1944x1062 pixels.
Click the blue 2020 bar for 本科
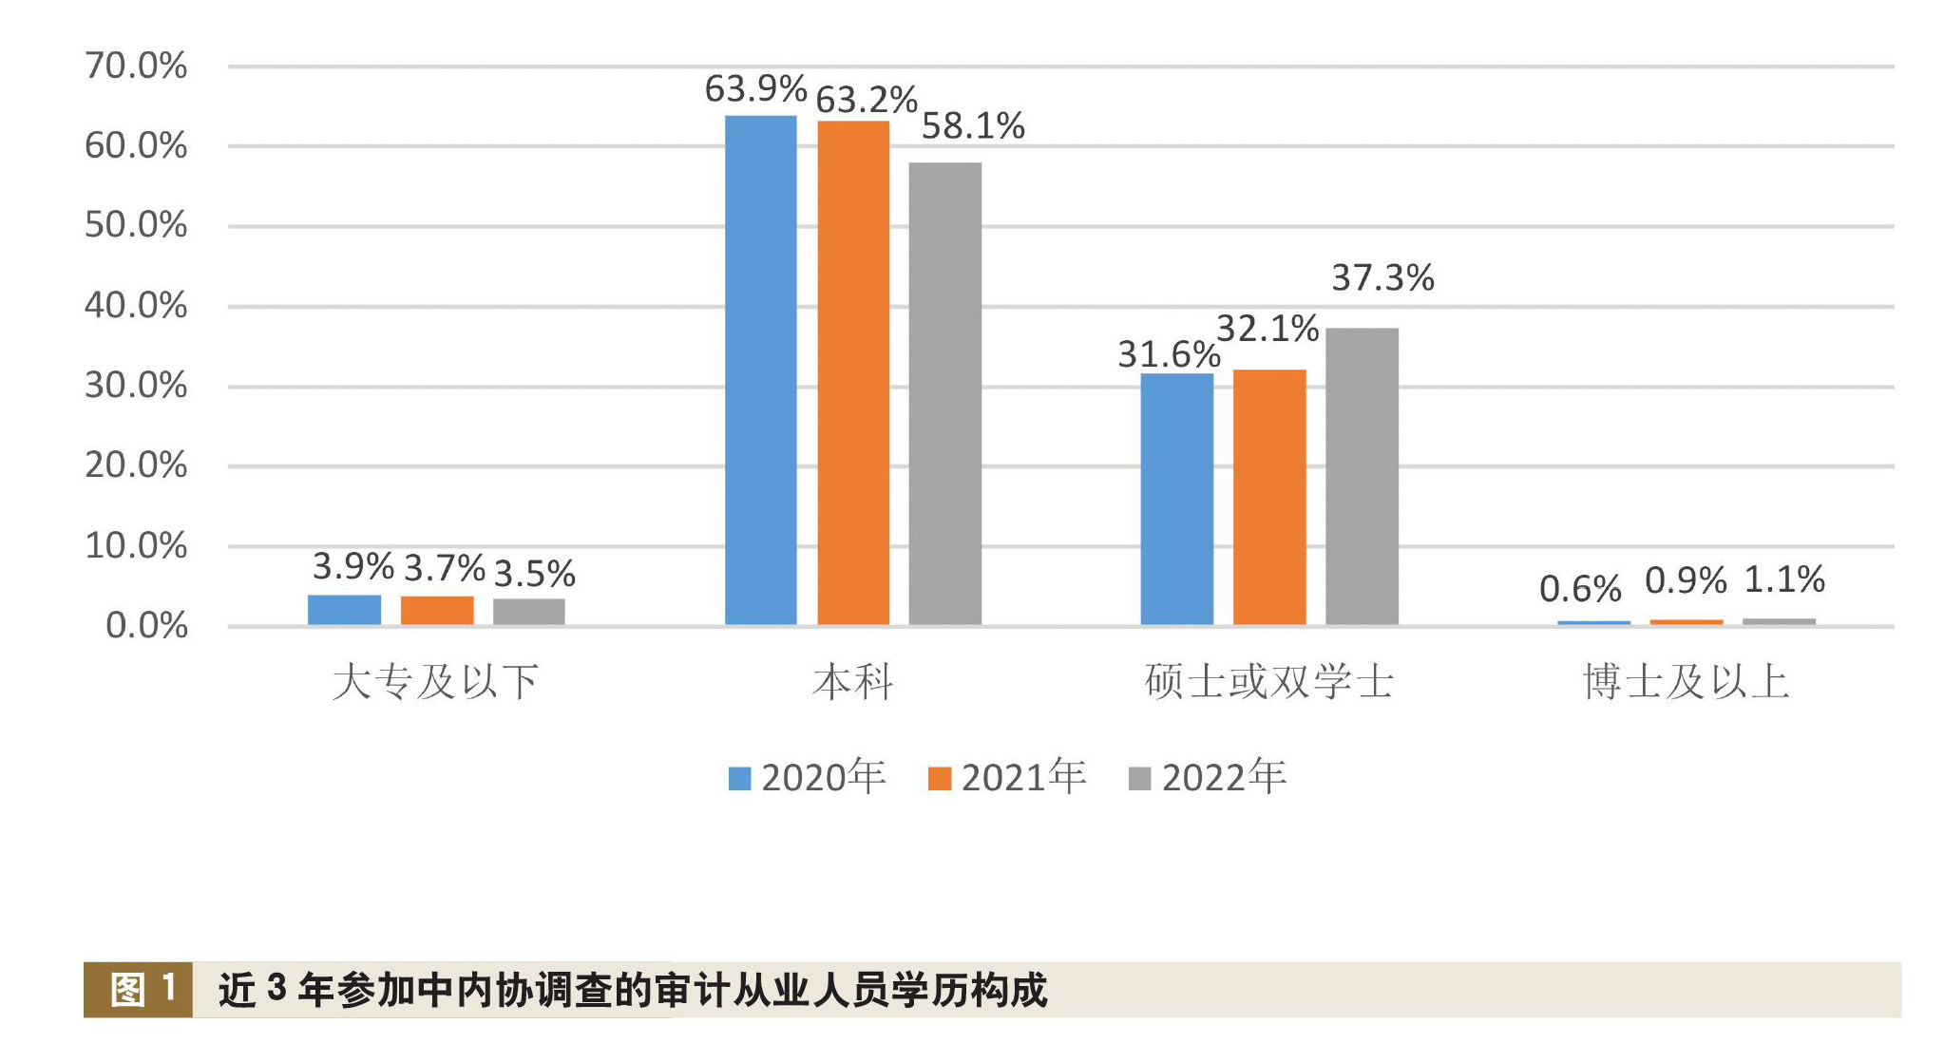pyautogui.click(x=760, y=370)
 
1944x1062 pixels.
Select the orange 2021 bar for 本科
pyautogui.click(x=853, y=372)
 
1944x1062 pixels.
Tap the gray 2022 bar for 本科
pyautogui.click(x=944, y=393)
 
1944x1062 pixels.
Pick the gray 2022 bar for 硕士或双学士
pyautogui.click(x=1362, y=476)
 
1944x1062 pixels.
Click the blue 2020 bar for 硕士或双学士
pyautogui.click(x=1176, y=499)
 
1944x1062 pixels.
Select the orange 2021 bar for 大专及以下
pyautogui.click(x=437, y=610)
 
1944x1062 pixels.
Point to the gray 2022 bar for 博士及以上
pyautogui.click(x=1779, y=621)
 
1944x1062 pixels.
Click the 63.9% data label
pyautogui.click(x=755, y=89)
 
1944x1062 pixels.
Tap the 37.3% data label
pyautogui.click(x=1382, y=278)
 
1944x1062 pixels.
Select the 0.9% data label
pyautogui.click(x=1686, y=580)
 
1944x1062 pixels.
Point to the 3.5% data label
pyautogui.click(x=534, y=574)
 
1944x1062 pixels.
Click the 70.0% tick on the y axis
pyautogui.click(x=136, y=66)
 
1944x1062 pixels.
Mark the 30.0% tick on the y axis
pyautogui.click(x=136, y=386)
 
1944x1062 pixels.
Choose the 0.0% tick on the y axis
pyautogui.click(x=146, y=625)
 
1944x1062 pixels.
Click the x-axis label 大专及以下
pyautogui.click(x=436, y=682)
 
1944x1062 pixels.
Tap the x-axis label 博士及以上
pyautogui.click(x=1686, y=682)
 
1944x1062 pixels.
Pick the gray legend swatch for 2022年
pyautogui.click(x=1139, y=779)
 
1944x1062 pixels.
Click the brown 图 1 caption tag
pyautogui.click(x=139, y=990)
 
